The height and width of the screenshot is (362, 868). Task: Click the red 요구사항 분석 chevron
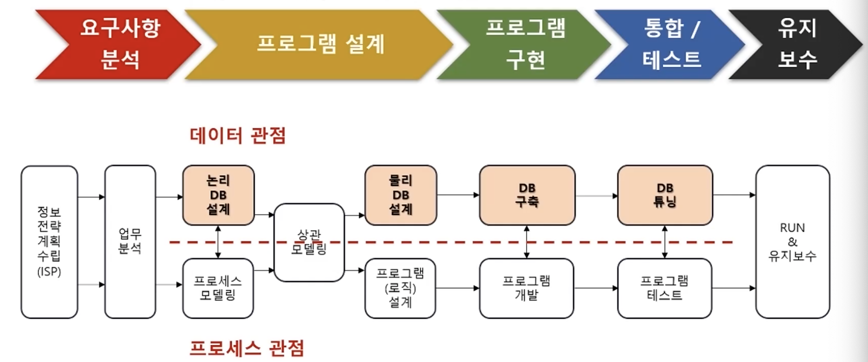120,44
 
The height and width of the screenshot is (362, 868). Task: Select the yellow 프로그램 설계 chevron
320,44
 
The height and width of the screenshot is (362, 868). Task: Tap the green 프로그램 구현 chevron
525,44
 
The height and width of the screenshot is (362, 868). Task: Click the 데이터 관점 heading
238,135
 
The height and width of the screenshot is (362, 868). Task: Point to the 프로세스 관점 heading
247,348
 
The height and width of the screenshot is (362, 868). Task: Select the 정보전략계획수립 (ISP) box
49,242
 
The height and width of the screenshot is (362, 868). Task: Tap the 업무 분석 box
130,242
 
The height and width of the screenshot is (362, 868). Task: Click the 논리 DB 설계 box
218,195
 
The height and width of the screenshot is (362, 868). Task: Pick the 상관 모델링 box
309,242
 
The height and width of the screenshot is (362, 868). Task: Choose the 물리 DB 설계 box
400,195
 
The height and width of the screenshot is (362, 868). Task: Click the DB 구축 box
527,195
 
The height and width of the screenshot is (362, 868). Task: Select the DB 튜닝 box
664,195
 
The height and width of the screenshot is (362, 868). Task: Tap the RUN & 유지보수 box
792,242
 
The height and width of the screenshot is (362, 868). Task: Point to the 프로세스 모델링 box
218,288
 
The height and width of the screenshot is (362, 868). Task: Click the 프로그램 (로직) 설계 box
400,288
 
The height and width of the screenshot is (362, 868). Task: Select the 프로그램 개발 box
526,288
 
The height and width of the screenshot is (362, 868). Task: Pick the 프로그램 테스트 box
664,288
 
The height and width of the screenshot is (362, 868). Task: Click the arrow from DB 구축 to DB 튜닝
596,195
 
